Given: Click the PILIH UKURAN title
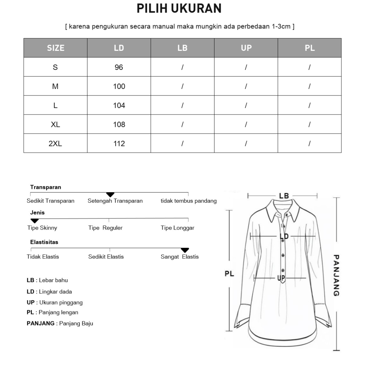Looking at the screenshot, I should (179, 8).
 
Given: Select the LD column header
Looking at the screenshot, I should (119, 48).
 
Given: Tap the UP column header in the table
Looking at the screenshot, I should (246, 48).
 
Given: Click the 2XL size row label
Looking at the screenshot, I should (55, 143).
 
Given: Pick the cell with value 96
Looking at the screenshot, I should (119, 67).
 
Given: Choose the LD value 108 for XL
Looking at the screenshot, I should (119, 124).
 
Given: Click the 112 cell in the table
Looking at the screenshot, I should (119, 143).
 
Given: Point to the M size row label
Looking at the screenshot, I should (55, 86).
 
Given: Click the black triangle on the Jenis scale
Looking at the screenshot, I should (34, 221).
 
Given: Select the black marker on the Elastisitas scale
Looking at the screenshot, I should (185, 250).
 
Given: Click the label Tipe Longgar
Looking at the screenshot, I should (178, 228).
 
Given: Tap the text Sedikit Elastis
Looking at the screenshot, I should (106, 257).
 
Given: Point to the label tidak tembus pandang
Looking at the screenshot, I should (188, 201).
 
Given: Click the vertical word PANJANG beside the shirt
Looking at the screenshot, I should (337, 275).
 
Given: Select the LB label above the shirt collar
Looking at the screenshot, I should (284, 196).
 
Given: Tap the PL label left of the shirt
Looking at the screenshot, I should (229, 273).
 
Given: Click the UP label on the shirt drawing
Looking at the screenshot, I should (281, 279).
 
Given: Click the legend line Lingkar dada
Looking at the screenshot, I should (49, 292).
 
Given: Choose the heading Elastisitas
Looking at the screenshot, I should (44, 242).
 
